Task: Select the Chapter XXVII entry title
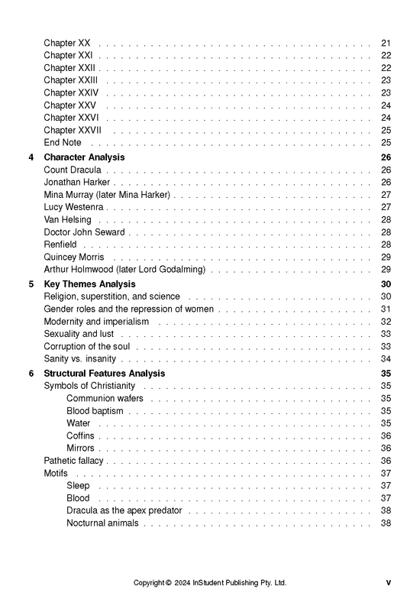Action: pos(73,130)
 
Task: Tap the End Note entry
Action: pos(63,142)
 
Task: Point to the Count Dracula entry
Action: pos(72,170)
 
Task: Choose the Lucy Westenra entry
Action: pos(74,207)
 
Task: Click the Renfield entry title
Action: pos(60,245)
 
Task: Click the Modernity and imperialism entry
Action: pos(96,322)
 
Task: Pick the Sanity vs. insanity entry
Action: pos(80,359)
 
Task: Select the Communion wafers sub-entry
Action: pos(105,398)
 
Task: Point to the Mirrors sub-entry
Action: pos(80,449)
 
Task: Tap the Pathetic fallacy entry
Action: pos(74,461)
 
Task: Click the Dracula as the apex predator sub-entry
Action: pos(124,510)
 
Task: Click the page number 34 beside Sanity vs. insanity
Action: pos(386,359)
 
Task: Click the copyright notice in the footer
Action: pos(210,582)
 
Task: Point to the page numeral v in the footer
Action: pos(388,582)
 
